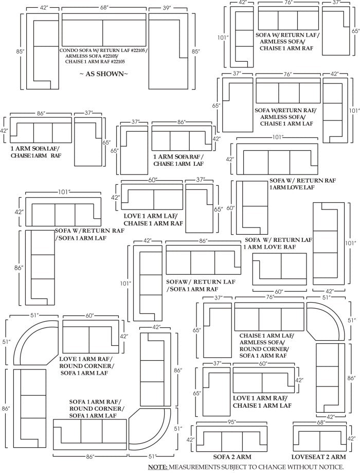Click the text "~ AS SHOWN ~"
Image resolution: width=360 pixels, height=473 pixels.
(103, 74)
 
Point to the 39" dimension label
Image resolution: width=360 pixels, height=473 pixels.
(167, 8)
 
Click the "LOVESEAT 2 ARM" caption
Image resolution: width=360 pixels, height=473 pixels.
(319, 457)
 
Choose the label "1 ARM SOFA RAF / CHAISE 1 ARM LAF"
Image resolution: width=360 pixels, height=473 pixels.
(178, 160)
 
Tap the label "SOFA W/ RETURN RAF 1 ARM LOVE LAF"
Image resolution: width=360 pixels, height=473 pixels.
(302, 184)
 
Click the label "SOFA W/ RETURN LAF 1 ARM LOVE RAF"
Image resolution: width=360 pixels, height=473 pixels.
(278, 243)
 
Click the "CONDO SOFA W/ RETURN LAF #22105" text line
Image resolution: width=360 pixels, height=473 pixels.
(103, 51)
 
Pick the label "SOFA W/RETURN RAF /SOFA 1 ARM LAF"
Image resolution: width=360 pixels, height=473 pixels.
(89, 234)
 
